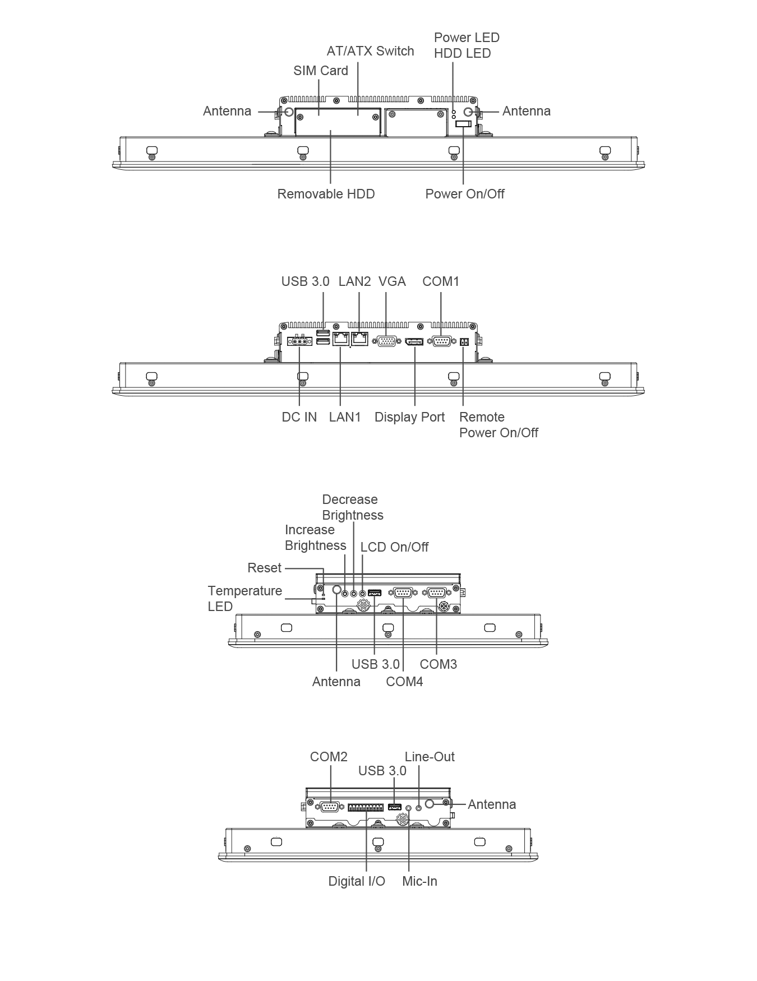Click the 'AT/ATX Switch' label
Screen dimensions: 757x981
pyautogui.click(x=370, y=51)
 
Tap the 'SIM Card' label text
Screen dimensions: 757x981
pyautogui.click(x=321, y=71)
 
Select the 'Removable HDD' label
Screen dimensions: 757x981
pyautogui.click(x=326, y=194)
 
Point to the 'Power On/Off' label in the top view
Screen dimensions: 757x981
pyautogui.click(x=465, y=194)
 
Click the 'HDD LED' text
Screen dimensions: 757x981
pyautogui.click(x=462, y=53)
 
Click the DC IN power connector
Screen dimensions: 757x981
pyautogui.click(x=299, y=341)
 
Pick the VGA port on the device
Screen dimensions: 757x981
pyautogui.click(x=386, y=341)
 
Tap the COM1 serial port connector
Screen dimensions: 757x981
pyautogui.click(x=441, y=341)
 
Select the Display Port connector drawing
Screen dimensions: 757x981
pyautogui.click(x=414, y=341)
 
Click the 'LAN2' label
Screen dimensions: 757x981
pyautogui.click(x=354, y=281)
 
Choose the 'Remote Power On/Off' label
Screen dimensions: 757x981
pyautogui.click(x=498, y=425)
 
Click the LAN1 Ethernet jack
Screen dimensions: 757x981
pyautogui.click(x=340, y=339)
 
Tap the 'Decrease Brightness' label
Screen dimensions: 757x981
pyautogui.click(x=353, y=507)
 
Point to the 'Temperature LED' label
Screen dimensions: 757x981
pyautogui.click(x=245, y=599)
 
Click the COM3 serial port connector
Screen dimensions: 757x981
pyautogui.click(x=437, y=593)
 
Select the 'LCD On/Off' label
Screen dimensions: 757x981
pyautogui.click(x=394, y=547)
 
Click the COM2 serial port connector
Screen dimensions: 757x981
pyautogui.click(x=330, y=807)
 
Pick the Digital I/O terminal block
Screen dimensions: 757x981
pyautogui.click(x=366, y=807)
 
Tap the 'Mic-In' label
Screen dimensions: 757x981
pyautogui.click(x=419, y=881)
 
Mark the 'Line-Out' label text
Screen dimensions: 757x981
pyautogui.click(x=430, y=757)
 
